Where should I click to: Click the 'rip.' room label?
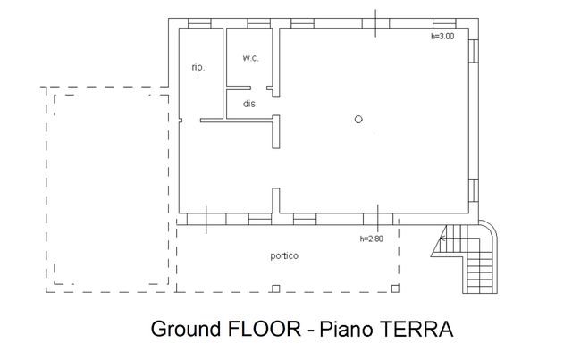pos(198,68)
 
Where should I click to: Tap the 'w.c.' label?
pos(250,58)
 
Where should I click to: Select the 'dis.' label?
pos(250,104)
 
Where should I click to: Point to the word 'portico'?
pos(284,256)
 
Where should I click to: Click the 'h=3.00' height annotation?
pos(442,36)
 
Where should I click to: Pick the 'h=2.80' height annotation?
pos(372,239)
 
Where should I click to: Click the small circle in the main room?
pos(358,120)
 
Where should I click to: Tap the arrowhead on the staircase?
pos(442,239)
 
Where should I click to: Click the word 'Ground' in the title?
pos(186,329)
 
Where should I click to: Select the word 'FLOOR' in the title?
pos(264,329)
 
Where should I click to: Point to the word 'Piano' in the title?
pos(346,329)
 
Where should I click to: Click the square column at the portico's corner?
pos(395,289)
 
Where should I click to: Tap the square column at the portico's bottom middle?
pos(276,289)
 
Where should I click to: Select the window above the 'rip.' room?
pos(199,23)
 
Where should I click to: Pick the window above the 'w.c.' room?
pos(259,23)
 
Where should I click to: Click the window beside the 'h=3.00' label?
pos(444,23)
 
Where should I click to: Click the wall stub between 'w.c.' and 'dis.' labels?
pos(239,88)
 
